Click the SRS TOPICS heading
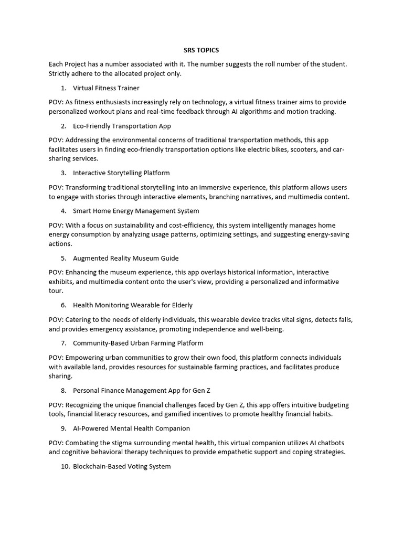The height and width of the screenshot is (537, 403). [x=201, y=50]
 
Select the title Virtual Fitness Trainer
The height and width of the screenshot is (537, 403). [x=106, y=88]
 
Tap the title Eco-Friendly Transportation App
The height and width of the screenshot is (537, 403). [x=122, y=126]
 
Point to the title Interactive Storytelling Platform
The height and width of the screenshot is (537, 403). [x=121, y=173]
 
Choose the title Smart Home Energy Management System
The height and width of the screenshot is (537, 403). [x=136, y=211]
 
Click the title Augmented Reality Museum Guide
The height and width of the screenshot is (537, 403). [x=125, y=258]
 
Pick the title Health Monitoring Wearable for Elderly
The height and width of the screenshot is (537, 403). [x=133, y=305]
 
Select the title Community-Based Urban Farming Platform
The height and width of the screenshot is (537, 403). [x=138, y=343]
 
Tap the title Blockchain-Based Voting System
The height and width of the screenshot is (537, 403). [x=122, y=466]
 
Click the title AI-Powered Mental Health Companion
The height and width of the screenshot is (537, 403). [x=131, y=428]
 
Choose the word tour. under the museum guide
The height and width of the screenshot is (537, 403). [x=56, y=291]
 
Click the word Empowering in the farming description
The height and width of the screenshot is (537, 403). [x=82, y=357]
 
